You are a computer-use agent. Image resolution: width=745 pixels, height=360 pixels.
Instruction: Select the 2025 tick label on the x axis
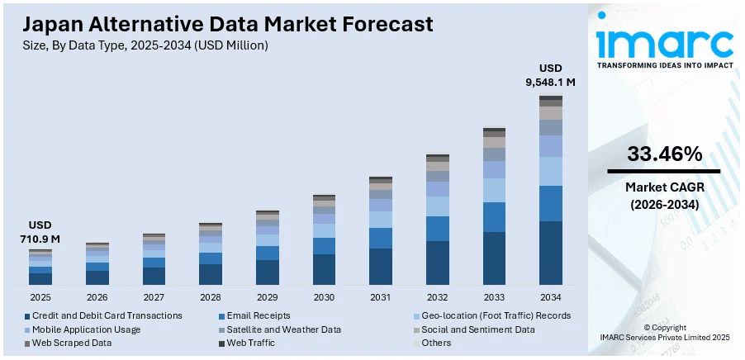click(x=40, y=297)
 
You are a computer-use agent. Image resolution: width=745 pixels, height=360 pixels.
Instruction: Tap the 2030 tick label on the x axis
click(x=324, y=297)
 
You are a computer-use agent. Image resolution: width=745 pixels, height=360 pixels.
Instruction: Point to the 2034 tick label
click(x=551, y=297)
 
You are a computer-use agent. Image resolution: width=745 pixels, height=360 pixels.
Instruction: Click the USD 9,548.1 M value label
click(x=551, y=74)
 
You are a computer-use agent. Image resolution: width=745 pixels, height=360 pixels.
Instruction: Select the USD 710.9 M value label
click(x=40, y=231)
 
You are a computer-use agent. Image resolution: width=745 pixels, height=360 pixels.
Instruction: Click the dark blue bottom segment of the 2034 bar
click(x=551, y=253)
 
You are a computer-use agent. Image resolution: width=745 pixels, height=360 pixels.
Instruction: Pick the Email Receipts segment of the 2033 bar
click(x=494, y=217)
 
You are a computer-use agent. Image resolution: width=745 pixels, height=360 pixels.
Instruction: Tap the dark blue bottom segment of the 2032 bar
click(x=438, y=263)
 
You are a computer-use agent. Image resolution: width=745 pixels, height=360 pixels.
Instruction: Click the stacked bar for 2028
click(x=211, y=254)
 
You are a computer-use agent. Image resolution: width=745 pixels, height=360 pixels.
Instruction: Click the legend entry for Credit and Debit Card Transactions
click(x=102, y=315)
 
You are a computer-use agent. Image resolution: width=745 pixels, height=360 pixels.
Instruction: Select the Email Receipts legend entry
click(x=256, y=315)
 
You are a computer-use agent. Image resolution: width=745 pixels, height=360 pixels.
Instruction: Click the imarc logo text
click(x=664, y=42)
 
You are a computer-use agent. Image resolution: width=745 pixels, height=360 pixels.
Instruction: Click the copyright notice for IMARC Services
click(x=664, y=333)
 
